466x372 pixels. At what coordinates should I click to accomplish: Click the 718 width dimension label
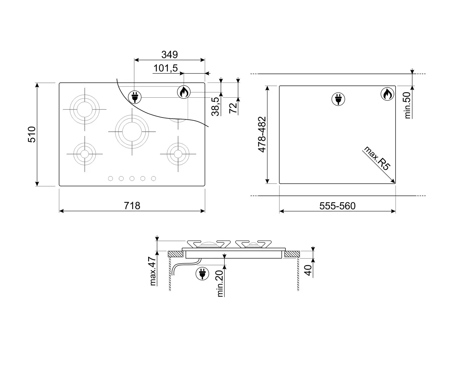pos(132,206)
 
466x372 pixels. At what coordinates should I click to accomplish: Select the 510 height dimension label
pos(32,135)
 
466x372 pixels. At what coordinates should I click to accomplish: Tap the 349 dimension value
pos(170,55)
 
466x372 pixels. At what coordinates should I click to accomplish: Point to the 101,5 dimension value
pos(166,68)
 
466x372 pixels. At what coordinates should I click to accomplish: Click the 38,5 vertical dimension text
pos(215,107)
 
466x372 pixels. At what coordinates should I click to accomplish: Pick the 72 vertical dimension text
pos(233,108)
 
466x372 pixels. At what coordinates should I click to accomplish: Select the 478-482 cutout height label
pos(262,135)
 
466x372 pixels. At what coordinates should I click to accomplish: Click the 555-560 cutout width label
pos(337,206)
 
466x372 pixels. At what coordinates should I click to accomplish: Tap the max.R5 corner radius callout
pos(377,158)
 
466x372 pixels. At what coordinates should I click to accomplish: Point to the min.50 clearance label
pos(407,105)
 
